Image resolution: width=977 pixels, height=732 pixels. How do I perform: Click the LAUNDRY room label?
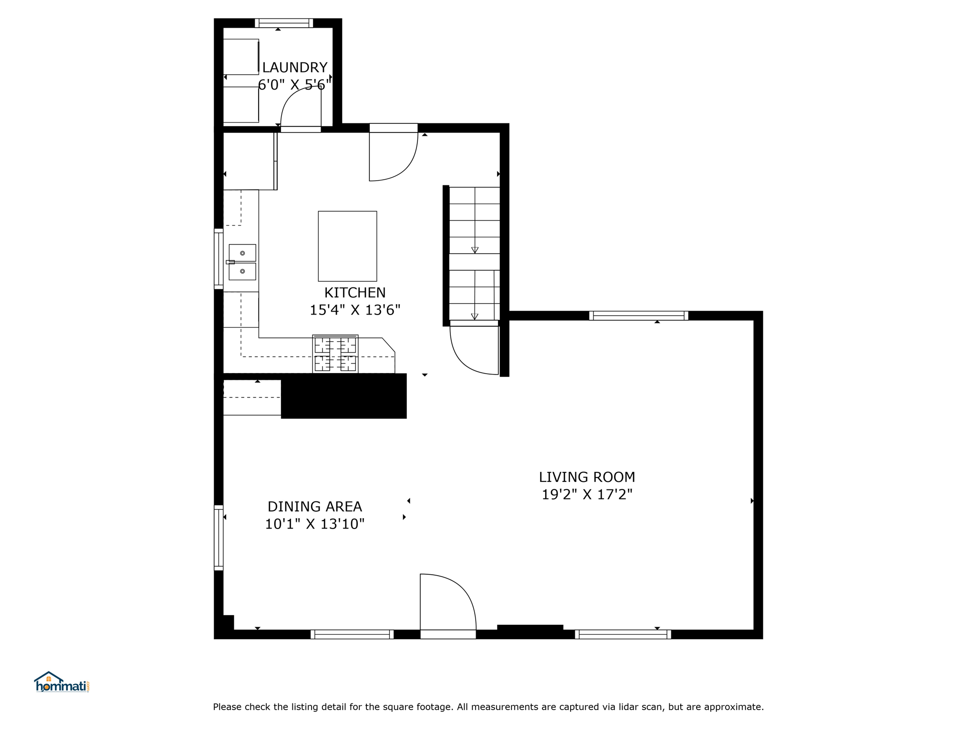[295, 67]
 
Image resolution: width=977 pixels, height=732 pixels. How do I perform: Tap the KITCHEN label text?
[355, 292]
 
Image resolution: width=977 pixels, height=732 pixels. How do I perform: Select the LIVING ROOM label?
[587, 477]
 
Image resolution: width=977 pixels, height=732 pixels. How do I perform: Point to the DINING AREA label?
[315, 506]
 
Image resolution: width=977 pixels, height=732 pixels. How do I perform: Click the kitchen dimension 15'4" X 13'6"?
[355, 310]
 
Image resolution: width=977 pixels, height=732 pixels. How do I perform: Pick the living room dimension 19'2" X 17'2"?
[587, 495]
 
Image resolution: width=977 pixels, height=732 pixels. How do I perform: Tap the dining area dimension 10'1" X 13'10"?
[315, 524]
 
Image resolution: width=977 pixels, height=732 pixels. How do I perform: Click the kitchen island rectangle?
[347, 246]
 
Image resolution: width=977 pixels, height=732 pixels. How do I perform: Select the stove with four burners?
[335, 354]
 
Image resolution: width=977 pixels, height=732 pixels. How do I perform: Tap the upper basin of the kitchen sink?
[242, 253]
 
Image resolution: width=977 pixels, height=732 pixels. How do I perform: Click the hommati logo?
[62, 682]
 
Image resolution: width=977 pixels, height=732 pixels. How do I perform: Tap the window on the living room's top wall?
[639, 315]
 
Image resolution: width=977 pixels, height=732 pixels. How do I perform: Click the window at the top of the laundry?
[284, 23]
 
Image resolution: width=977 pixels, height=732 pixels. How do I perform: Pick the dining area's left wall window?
[218, 538]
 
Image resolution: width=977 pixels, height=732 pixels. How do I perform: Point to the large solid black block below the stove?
[343, 396]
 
